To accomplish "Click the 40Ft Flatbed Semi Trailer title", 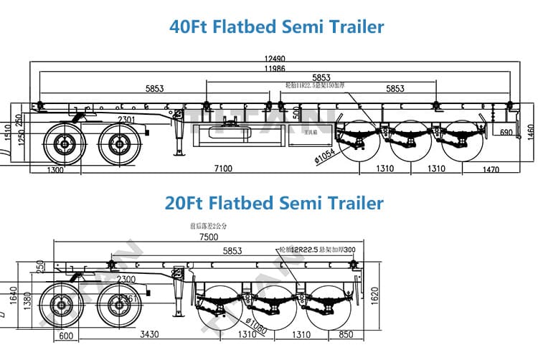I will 276,27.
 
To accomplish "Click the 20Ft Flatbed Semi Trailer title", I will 274,203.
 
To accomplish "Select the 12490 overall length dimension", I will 274,57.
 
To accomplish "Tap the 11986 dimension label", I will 275,68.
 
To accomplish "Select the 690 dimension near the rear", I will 506,133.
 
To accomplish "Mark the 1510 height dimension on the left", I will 6,132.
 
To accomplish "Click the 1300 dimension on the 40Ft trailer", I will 53,170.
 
